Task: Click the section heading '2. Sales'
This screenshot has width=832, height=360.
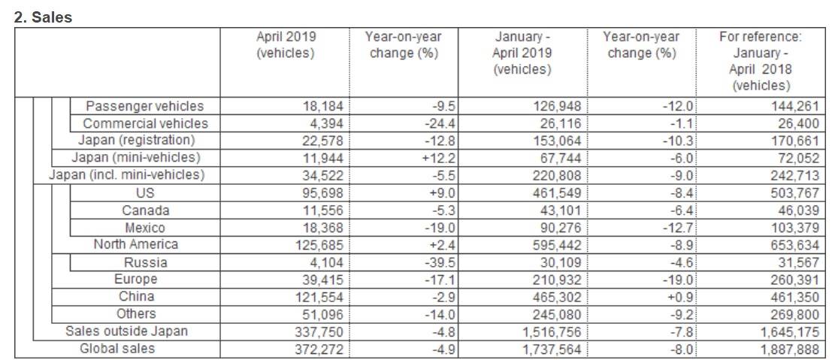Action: point(42,17)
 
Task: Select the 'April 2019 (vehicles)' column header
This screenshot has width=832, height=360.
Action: point(286,45)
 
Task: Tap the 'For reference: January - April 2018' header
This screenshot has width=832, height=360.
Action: point(761,61)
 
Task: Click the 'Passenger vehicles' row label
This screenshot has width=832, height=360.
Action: point(144,106)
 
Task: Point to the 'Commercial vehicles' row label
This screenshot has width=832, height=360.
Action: point(145,124)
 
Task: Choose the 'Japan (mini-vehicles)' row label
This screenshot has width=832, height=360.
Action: point(136,158)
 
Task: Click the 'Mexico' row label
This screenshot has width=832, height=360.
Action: point(145,228)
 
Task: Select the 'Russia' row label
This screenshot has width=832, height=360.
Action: point(145,262)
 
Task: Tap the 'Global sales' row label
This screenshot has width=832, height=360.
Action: point(116,349)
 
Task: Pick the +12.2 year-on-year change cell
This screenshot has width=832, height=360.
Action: point(440,158)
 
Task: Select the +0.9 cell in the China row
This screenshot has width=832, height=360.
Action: point(680,297)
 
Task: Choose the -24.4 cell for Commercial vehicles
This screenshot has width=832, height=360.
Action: point(441,124)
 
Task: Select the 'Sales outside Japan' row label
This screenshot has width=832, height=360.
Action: point(126,331)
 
